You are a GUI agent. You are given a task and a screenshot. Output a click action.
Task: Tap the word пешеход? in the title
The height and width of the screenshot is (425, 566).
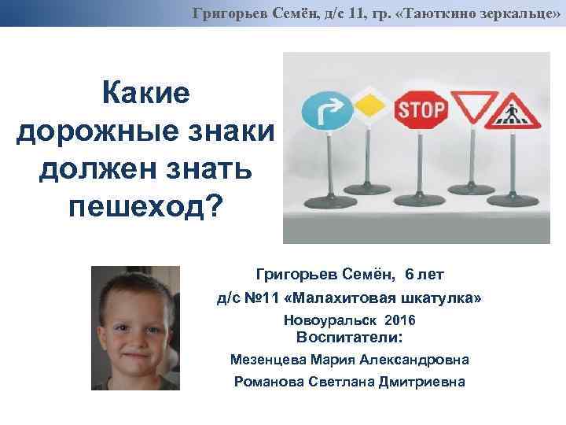[x=146, y=206]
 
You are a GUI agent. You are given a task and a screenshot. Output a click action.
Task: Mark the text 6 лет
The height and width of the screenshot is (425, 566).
[x=424, y=275]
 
